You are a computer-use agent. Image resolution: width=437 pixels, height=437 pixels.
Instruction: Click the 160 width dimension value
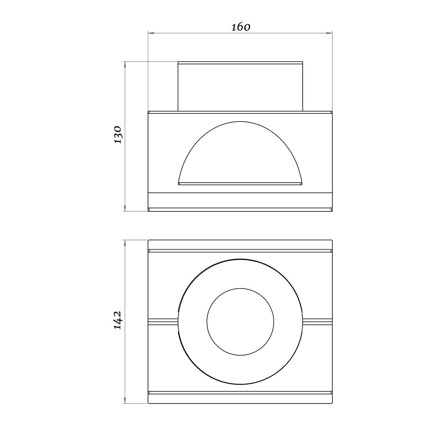241,27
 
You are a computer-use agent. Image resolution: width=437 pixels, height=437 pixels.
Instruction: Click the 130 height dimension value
118,135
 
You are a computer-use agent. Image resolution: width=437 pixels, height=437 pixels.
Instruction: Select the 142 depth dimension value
118,320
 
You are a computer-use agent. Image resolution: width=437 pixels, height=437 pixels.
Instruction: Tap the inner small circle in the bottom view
240,289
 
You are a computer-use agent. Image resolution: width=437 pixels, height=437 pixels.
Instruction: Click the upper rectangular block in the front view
240,86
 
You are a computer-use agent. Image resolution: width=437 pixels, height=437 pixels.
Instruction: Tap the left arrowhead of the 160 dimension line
151,33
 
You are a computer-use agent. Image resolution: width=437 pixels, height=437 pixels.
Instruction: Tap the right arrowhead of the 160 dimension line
329,33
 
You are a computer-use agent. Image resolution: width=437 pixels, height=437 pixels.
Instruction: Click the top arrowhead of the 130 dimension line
125,65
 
